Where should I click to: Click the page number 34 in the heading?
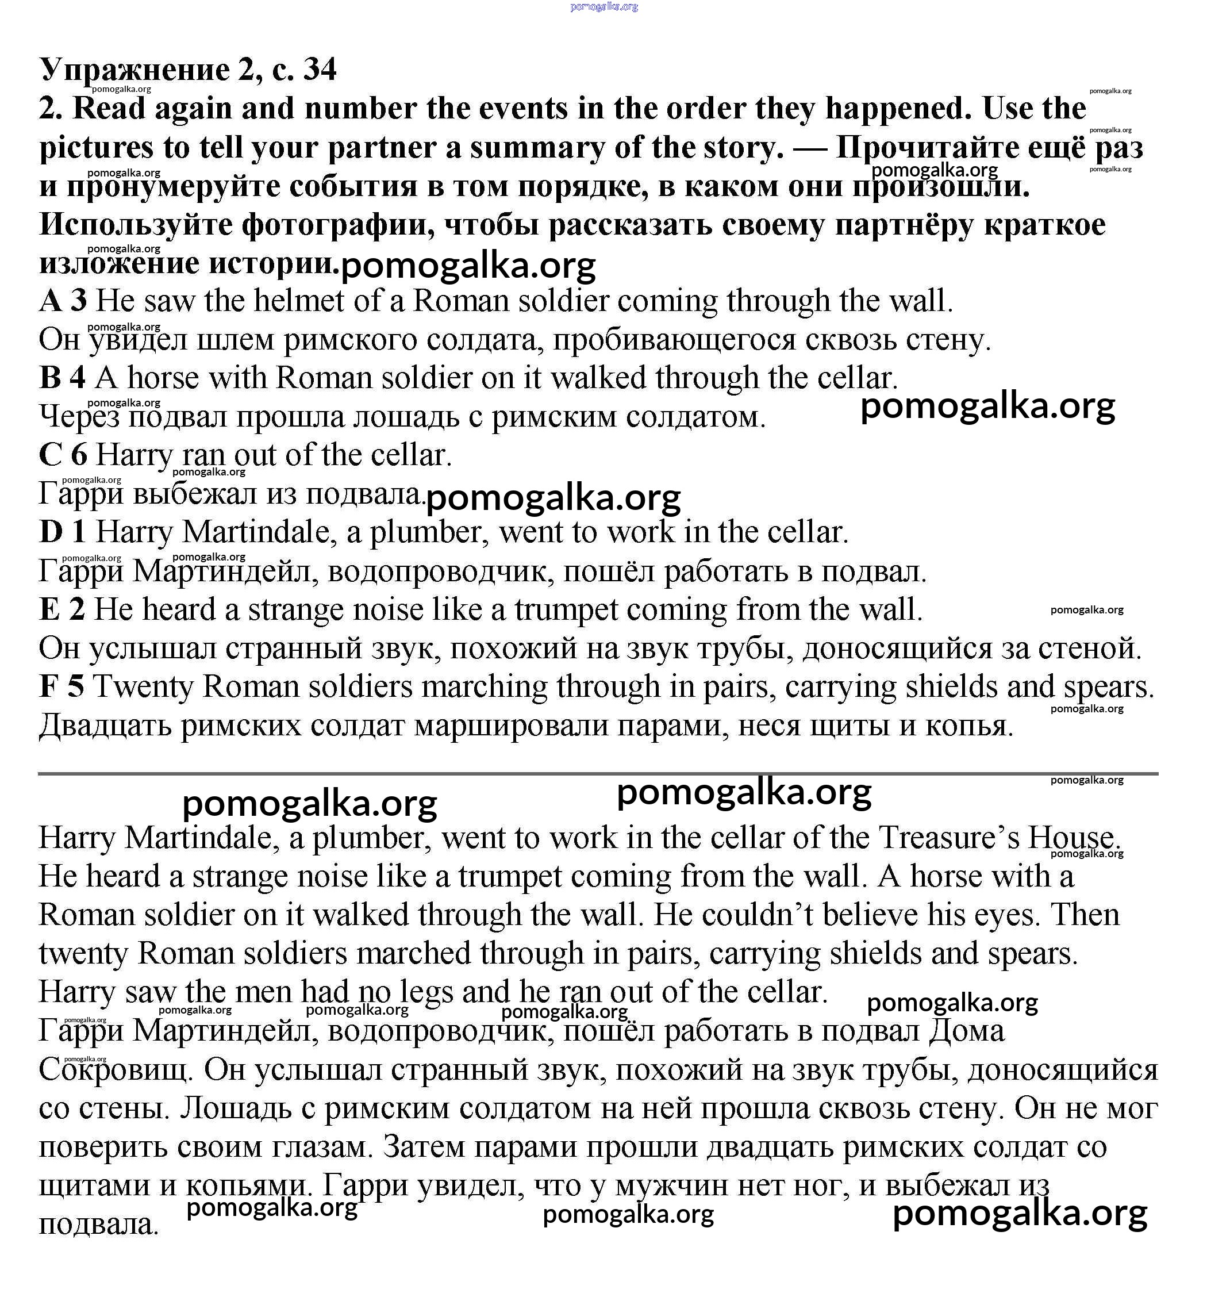tap(320, 70)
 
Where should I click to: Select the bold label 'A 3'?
tap(63, 301)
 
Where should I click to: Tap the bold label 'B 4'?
tap(63, 378)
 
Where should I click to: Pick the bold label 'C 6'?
tap(63, 455)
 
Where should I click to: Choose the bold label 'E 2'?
tap(61, 610)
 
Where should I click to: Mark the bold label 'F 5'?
tap(61, 688)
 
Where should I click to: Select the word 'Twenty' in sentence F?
tap(144, 688)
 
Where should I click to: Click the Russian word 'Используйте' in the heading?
tap(135, 225)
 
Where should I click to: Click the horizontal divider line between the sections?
tap(598, 774)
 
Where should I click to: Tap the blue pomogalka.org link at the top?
tap(603, 7)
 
